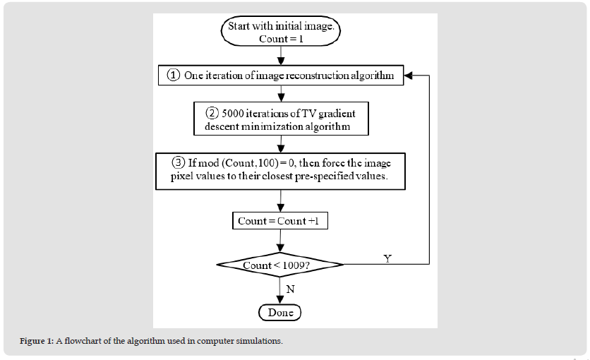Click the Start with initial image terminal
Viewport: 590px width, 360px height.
(281, 31)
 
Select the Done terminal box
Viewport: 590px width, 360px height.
(280, 313)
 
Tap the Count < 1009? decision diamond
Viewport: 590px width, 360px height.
(280, 265)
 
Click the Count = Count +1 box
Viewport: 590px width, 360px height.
(280, 221)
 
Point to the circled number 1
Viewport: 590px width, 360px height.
(174, 76)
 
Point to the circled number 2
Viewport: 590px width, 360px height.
(212, 113)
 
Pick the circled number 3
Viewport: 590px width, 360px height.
(179, 162)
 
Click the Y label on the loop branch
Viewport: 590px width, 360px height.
(387, 258)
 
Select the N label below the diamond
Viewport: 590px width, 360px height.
(290, 289)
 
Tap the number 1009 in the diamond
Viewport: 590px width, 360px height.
(293, 265)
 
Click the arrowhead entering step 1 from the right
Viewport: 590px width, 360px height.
(408, 76)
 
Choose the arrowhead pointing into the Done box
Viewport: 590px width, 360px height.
(280, 300)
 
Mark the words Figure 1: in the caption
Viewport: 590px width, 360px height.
(37, 341)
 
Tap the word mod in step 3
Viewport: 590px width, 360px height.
(208, 163)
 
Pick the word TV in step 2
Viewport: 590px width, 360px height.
(309, 114)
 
